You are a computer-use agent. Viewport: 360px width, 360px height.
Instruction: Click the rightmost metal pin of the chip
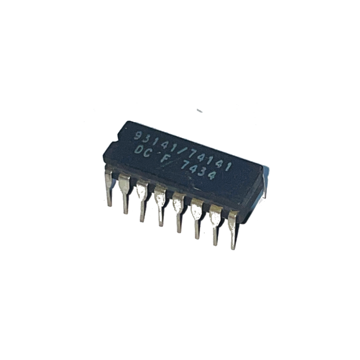[x=233, y=230]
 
